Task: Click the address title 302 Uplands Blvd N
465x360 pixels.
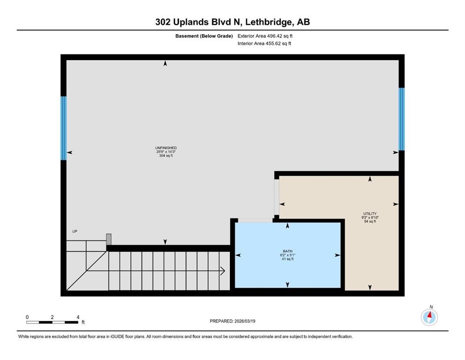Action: pyautogui.click(x=232, y=22)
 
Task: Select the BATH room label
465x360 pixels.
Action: pyautogui.click(x=287, y=251)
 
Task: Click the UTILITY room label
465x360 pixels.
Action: pyautogui.click(x=370, y=213)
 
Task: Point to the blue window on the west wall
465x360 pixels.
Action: pyautogui.click(x=63, y=128)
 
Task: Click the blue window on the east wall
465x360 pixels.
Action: pyautogui.click(x=401, y=119)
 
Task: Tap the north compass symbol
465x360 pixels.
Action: pyautogui.click(x=429, y=317)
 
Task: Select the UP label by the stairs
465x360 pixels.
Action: pyautogui.click(x=74, y=232)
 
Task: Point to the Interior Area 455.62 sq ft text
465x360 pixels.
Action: pyautogui.click(x=265, y=44)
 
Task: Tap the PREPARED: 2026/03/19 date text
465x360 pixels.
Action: pyautogui.click(x=232, y=321)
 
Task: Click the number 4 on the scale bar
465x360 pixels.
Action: pyautogui.click(x=78, y=317)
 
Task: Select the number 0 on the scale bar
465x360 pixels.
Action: pyautogui.click(x=27, y=317)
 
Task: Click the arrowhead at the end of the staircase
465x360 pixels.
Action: pyautogui.click(x=223, y=270)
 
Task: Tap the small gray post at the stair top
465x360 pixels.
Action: pyautogui.click(x=109, y=239)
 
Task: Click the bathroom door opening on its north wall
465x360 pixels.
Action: pyautogui.click(x=255, y=220)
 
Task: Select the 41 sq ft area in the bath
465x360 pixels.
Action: pyautogui.click(x=287, y=259)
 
